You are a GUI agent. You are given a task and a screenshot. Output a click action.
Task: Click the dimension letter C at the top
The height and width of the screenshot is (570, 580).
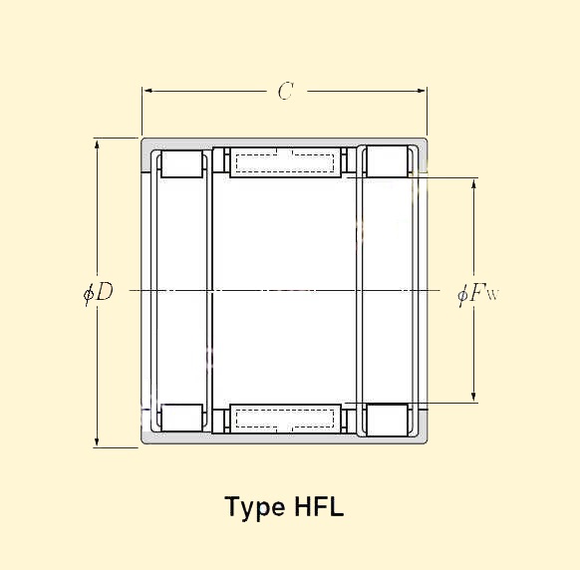(285, 92)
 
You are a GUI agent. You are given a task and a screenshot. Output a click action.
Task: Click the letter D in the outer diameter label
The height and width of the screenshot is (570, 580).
(104, 292)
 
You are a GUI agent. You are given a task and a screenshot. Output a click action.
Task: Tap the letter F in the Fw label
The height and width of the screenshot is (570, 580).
(479, 293)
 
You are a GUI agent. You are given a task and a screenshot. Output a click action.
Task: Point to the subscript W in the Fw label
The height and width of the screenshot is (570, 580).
(492, 296)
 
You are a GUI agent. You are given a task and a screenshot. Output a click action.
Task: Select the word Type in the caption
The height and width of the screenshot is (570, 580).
(255, 508)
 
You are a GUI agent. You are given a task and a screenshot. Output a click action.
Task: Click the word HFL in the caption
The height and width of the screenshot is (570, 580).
(319, 507)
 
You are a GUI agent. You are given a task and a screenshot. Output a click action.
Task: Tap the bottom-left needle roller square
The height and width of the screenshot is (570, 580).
(182, 418)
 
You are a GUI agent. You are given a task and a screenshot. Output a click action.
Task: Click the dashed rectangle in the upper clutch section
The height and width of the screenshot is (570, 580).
(286, 161)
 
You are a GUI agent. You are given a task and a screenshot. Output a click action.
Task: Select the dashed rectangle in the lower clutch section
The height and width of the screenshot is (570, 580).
(286, 418)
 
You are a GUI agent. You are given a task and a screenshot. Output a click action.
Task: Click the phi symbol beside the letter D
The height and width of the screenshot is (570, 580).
(89, 292)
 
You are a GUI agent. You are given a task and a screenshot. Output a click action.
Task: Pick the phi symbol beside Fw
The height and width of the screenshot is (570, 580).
(463, 294)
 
